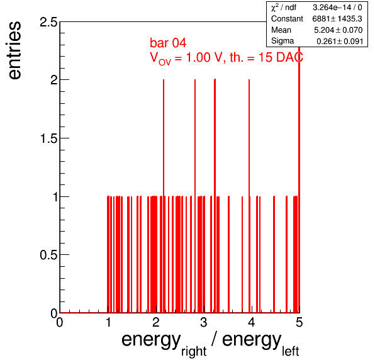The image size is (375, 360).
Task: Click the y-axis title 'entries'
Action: [x=15, y=50]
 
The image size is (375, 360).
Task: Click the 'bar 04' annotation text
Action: [x=168, y=43]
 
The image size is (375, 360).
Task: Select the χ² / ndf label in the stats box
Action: [x=284, y=8]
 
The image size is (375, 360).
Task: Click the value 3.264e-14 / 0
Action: [x=337, y=8]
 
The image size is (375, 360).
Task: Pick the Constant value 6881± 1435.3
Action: [x=337, y=19]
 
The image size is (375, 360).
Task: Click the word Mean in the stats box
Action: [x=281, y=30]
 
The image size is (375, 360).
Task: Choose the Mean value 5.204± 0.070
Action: [x=338, y=30]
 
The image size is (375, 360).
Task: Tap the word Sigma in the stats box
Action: [x=283, y=41]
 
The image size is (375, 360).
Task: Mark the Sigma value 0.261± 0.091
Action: [x=340, y=41]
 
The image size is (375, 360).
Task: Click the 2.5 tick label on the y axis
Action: [x=49, y=23]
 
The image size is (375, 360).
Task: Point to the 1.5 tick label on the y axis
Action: [x=49, y=138]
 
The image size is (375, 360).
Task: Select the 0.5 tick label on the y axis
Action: [x=49, y=255]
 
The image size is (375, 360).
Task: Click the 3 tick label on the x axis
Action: [x=203, y=322]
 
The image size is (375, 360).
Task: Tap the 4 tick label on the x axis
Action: [x=251, y=322]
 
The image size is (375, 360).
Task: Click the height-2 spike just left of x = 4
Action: [x=249, y=196]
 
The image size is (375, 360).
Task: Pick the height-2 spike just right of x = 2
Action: [x=164, y=196]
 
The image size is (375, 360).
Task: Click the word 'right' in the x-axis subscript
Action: [x=194, y=352]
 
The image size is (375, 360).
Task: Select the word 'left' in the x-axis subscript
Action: [x=290, y=351]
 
